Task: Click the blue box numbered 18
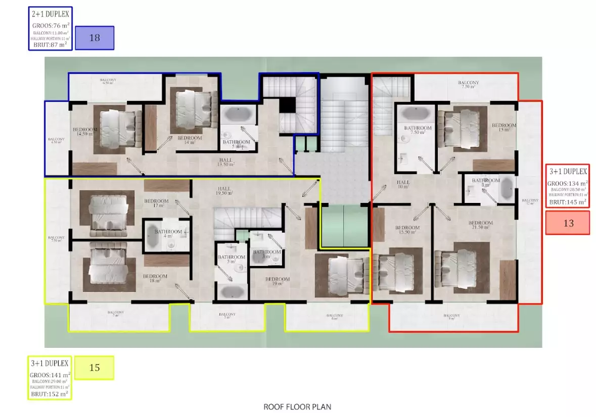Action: (95, 38)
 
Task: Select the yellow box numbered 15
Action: (95, 368)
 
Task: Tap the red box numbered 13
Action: (568, 223)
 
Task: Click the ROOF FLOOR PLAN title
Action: (297, 406)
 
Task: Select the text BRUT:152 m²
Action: (49, 393)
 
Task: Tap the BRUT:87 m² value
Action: (51, 44)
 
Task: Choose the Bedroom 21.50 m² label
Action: (480, 225)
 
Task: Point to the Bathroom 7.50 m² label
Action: (418, 130)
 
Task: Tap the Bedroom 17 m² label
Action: (156, 203)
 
